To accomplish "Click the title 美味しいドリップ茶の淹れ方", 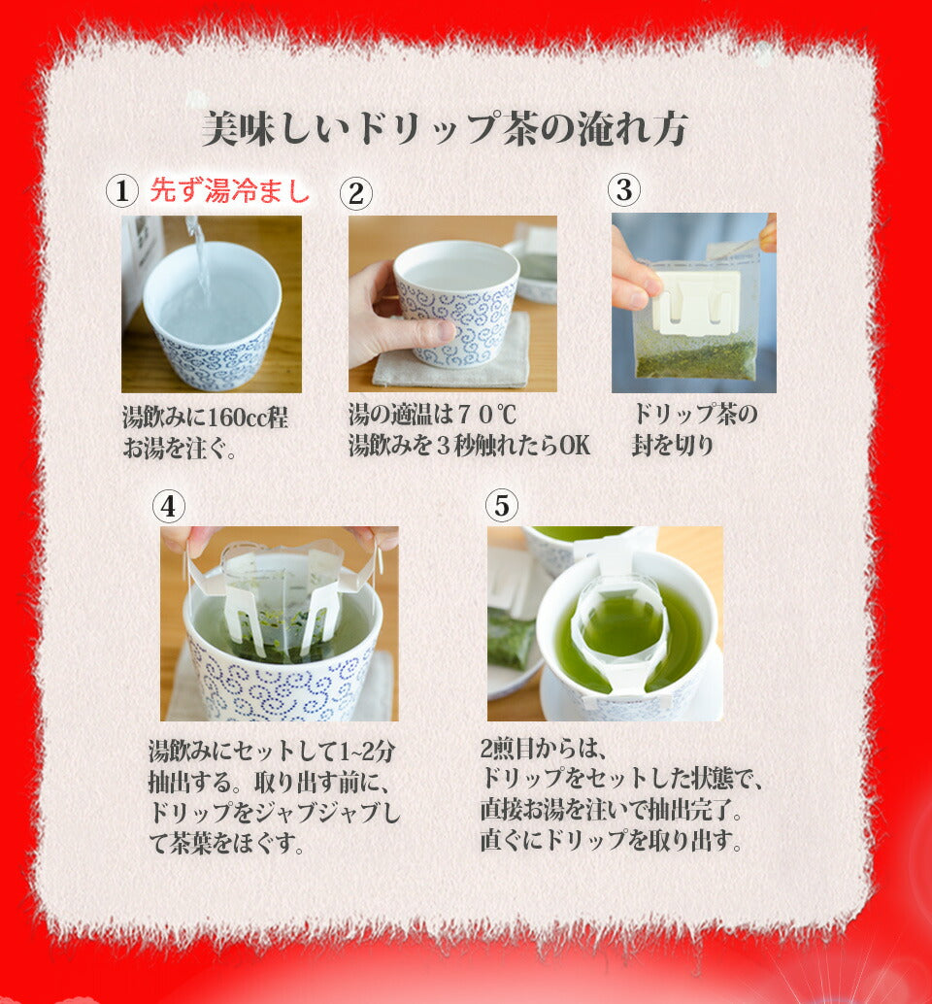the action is click(x=445, y=129).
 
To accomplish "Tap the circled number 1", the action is click(x=121, y=191).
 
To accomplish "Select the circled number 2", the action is click(x=356, y=193).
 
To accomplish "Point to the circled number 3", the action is click(x=624, y=190).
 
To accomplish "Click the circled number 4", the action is click(x=168, y=507).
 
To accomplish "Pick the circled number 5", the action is click(x=502, y=505).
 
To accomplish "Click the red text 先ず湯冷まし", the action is click(x=230, y=190).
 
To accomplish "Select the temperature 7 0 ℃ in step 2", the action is click(x=487, y=415).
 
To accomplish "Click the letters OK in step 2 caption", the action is click(x=575, y=445).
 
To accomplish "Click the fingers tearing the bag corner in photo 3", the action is click(x=768, y=233).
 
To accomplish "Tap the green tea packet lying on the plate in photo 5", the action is click(x=511, y=638).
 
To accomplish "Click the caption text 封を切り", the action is click(x=673, y=445).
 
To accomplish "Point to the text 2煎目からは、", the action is click(x=543, y=748).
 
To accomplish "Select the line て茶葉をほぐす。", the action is click(x=226, y=842).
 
